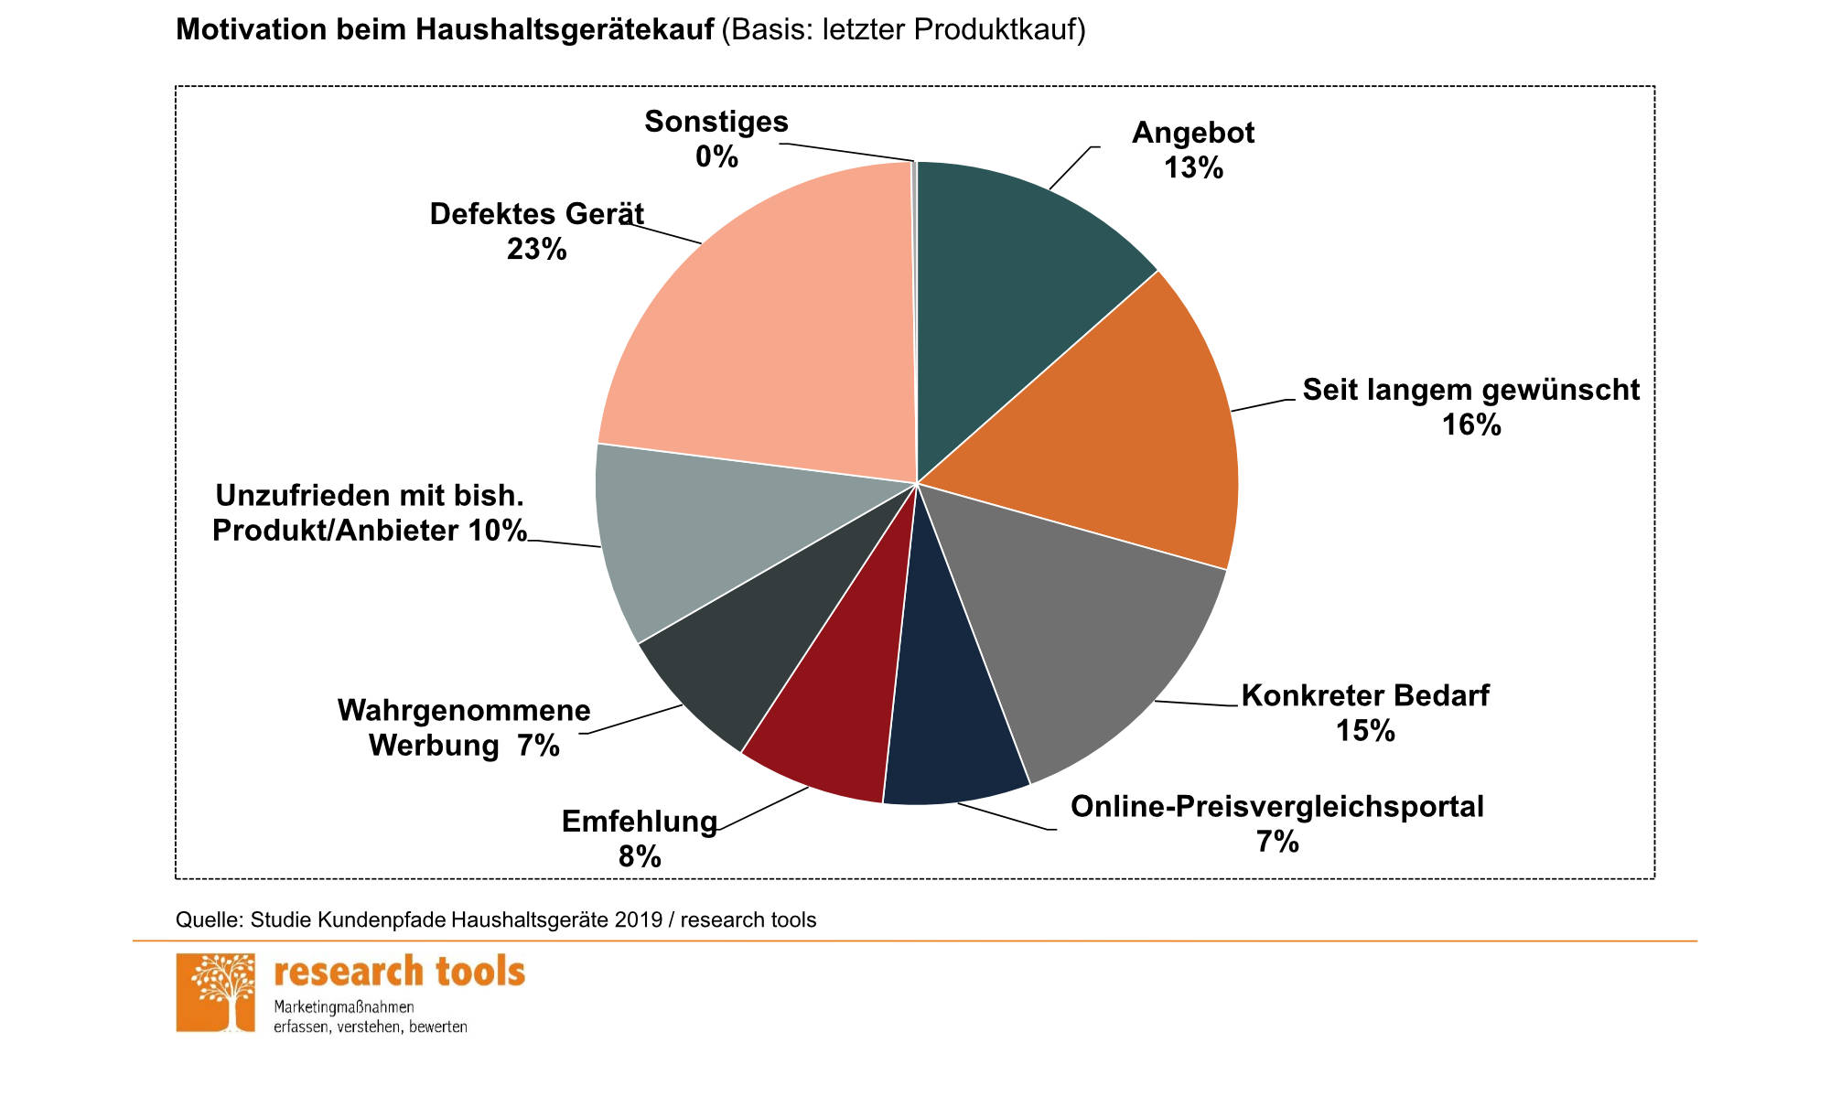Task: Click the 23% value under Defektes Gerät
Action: [537, 249]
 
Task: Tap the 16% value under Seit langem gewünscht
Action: [1471, 425]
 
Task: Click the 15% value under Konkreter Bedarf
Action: [1365, 731]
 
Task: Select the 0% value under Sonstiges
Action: [716, 157]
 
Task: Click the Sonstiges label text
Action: [716, 122]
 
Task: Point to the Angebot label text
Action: [1193, 134]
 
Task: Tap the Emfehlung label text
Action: [639, 822]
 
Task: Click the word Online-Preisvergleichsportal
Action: [1276, 807]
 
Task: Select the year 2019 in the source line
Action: [638, 920]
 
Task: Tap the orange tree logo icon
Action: [216, 993]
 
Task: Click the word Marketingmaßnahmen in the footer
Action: [344, 1007]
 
